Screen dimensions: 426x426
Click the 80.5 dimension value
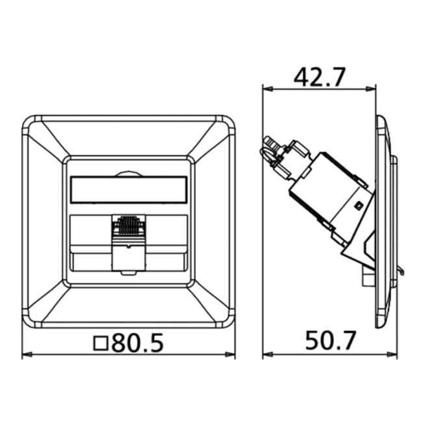tap(138, 343)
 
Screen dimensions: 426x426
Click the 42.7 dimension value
tap(319, 77)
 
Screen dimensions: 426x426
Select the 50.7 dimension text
tap(330, 340)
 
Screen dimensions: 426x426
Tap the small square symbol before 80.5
tap(101, 343)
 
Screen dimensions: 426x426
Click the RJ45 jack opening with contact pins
tap(128, 226)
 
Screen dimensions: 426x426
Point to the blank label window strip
tap(128, 190)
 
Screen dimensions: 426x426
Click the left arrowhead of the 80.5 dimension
tap(27, 354)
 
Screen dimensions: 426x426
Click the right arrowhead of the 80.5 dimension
tap(230, 354)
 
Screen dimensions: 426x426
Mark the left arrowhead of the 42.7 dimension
tap(268, 89)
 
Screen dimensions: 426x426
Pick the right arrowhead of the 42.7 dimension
tap(371, 89)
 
